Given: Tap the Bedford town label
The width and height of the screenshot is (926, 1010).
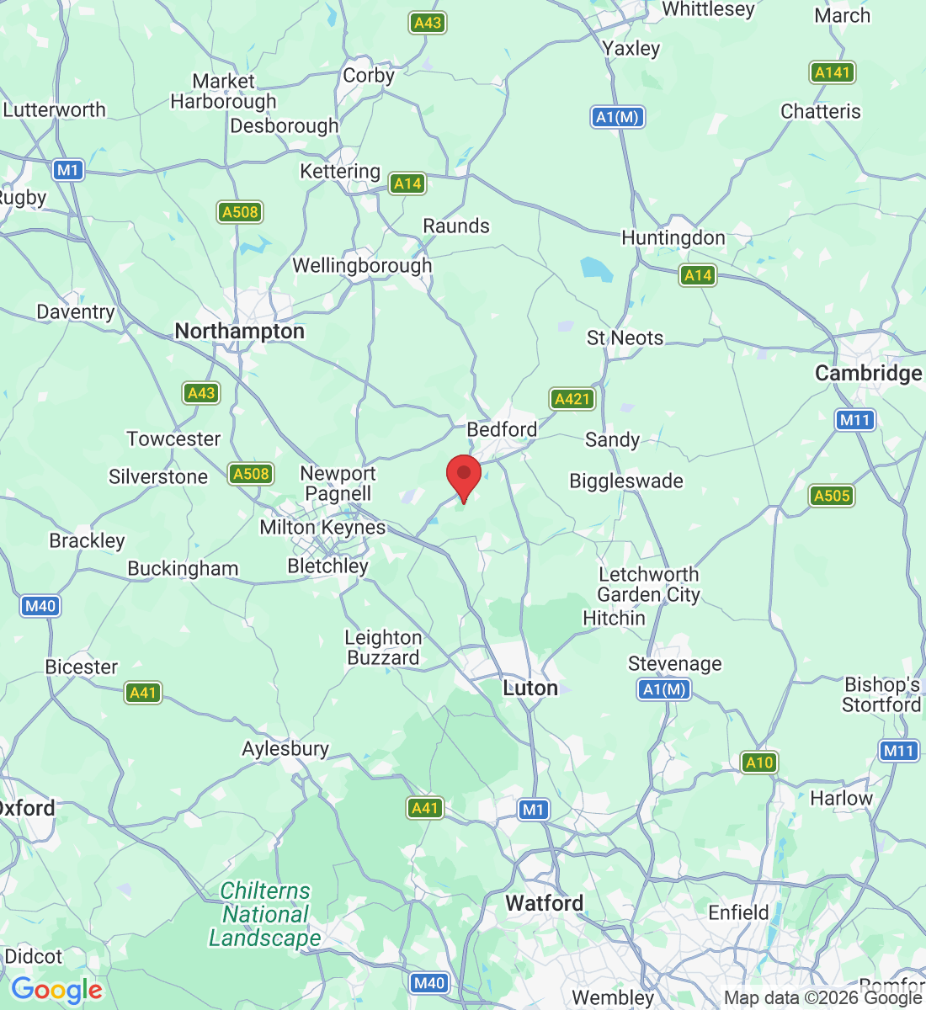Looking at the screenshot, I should tap(502, 429).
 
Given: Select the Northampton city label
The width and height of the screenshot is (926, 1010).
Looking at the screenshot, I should tap(239, 331).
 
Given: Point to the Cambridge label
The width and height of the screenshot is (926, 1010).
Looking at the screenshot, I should tap(868, 373).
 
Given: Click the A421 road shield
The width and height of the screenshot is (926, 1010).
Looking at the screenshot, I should tap(572, 399).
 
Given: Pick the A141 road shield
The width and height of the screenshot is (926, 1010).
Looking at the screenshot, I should tap(832, 72).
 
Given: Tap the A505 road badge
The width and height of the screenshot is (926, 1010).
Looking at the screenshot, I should tap(832, 496).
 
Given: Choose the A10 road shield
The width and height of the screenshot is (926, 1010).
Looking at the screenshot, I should tap(759, 763).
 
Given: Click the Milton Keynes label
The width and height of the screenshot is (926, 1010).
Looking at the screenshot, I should tap(322, 528).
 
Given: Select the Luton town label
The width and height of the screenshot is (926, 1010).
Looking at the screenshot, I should tap(530, 688).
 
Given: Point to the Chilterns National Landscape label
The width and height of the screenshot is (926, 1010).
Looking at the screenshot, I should tap(265, 914).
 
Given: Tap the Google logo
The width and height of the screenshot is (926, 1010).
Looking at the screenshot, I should tap(56, 990).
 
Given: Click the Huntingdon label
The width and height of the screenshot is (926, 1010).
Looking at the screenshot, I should tap(673, 238).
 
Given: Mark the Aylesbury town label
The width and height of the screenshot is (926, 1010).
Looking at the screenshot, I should tap(285, 748).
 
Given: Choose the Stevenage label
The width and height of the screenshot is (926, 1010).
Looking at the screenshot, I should tap(674, 664).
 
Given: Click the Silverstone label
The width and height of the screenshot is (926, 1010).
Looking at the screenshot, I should tap(158, 476).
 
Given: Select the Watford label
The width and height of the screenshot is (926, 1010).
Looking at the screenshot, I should tap(544, 903).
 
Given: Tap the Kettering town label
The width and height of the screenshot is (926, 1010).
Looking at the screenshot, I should tap(340, 172).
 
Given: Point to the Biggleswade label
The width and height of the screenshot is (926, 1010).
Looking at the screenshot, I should tap(626, 481).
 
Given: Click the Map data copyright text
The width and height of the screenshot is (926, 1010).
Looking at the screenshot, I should tap(822, 998).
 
